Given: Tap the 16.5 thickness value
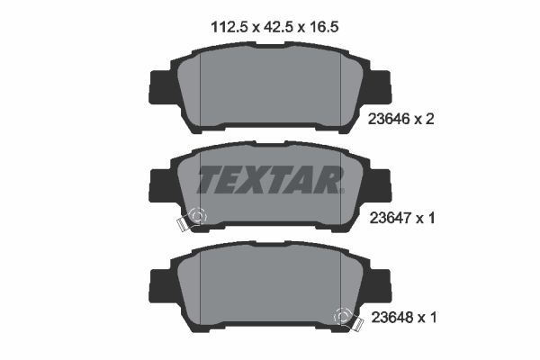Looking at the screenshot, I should click(x=323, y=27).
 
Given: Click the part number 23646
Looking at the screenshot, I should click(x=388, y=118).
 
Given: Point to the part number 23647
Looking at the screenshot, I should click(x=388, y=217).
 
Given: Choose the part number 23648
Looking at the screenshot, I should click(x=388, y=317).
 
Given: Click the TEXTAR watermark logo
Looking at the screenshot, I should click(x=270, y=180).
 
